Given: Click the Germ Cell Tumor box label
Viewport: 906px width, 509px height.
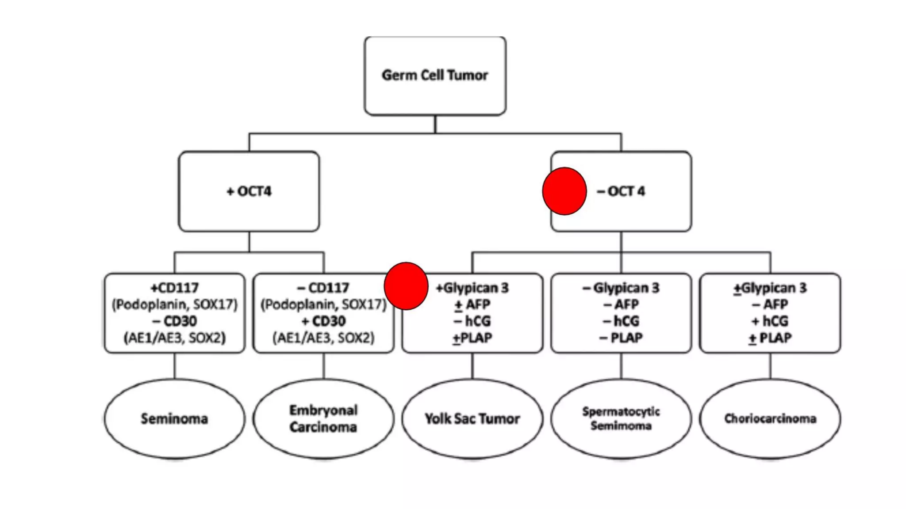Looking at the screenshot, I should point(435,75).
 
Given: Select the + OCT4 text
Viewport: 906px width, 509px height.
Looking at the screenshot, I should point(249,191).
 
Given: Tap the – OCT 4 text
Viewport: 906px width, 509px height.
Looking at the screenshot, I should point(621,191).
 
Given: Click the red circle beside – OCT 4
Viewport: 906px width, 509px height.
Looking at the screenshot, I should point(564,191).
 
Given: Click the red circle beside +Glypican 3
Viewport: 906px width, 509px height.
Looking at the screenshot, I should point(406,286).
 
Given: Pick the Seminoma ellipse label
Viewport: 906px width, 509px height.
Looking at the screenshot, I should point(174,418).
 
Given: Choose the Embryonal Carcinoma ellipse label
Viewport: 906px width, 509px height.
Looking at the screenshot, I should point(323,418).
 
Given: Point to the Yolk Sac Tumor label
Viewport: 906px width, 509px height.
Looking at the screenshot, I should point(472,418).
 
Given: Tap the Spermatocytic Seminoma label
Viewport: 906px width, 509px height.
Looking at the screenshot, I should point(621,418).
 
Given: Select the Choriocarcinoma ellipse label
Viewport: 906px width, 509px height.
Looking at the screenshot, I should point(770,418).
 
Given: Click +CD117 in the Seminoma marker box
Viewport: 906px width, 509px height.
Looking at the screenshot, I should point(174,288).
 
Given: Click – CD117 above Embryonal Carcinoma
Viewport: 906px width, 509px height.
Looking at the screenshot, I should point(323,288).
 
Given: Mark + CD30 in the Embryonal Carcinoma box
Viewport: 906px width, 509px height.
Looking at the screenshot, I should point(323,321).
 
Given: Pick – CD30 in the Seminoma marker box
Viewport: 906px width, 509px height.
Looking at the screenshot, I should point(174,321).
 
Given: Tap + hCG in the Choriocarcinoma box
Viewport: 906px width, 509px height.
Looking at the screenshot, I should point(770,321).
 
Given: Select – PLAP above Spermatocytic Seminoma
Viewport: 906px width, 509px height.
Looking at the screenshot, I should point(621,338).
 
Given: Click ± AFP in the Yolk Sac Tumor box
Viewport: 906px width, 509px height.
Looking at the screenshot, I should point(472,304).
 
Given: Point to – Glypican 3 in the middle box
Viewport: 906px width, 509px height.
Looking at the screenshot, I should point(621,288).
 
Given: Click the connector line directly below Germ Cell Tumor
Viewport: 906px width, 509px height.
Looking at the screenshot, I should point(435,124).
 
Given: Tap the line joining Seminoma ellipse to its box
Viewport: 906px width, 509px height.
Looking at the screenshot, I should point(174,366).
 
